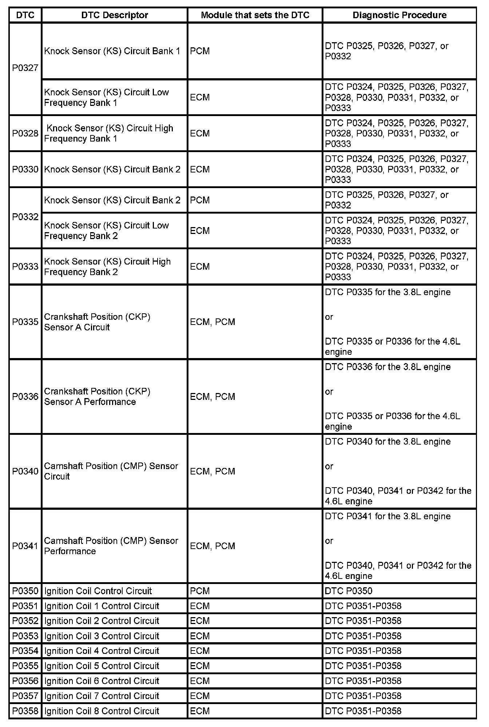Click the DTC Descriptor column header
click(115, 15)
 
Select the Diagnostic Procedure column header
click(399, 15)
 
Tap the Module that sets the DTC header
click(255, 15)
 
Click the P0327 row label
click(25, 68)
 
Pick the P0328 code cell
click(25, 134)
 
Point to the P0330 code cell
click(25, 170)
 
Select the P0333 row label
click(25, 267)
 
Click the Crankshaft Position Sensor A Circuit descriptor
click(97, 322)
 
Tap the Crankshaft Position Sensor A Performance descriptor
click(97, 397)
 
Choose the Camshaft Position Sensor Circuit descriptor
click(111, 471)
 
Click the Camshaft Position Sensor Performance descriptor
click(111, 546)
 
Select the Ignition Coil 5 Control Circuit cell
click(102, 666)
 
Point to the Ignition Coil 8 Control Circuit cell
click(102, 711)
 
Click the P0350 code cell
click(25, 591)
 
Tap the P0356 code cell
click(25, 681)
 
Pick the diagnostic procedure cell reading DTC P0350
click(349, 591)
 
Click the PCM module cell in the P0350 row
click(200, 591)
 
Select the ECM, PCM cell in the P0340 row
click(212, 471)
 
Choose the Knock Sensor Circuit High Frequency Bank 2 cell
click(107, 267)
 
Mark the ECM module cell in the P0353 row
click(200, 636)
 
